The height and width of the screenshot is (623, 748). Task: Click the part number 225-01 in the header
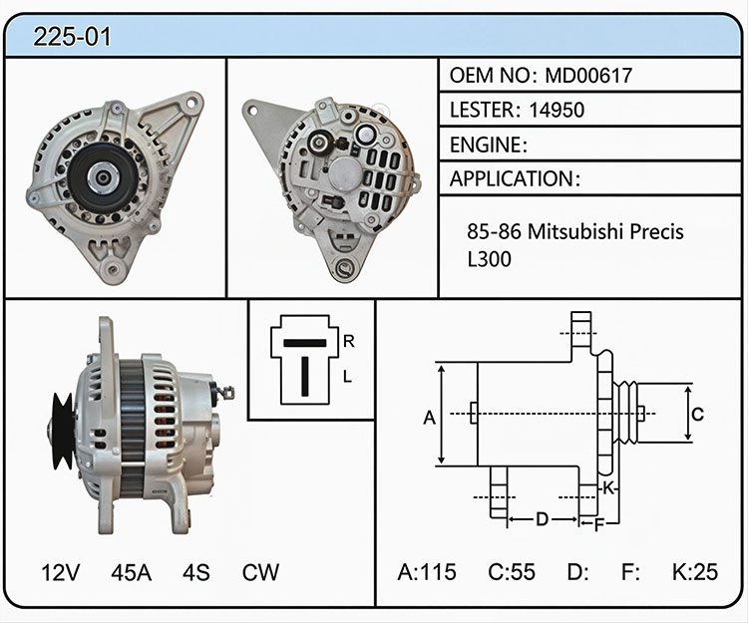[x=72, y=37]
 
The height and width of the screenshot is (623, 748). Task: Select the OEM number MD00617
[x=588, y=76]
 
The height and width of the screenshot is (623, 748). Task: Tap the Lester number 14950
[x=557, y=110]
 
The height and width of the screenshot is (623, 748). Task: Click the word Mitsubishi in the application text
[x=575, y=231]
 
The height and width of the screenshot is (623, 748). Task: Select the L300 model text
[x=489, y=259]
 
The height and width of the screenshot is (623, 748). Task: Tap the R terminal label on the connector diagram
[x=349, y=341]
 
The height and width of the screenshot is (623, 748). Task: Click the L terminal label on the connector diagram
[x=347, y=377]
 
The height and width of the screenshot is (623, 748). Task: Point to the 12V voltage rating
[x=60, y=572]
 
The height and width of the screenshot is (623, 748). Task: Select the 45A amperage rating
[x=132, y=572]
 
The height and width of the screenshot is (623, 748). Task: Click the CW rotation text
[x=260, y=572]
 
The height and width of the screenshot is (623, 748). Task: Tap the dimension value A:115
[x=427, y=572]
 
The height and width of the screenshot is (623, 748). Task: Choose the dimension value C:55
[x=512, y=572]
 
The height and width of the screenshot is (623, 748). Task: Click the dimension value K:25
[x=694, y=572]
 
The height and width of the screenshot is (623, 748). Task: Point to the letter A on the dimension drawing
[x=429, y=418]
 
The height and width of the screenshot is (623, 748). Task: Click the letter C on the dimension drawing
[x=697, y=414]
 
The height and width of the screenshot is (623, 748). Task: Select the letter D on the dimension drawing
[x=542, y=519]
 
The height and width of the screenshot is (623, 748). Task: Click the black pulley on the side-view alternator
[x=63, y=431]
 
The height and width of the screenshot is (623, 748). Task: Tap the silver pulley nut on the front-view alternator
[x=103, y=177]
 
